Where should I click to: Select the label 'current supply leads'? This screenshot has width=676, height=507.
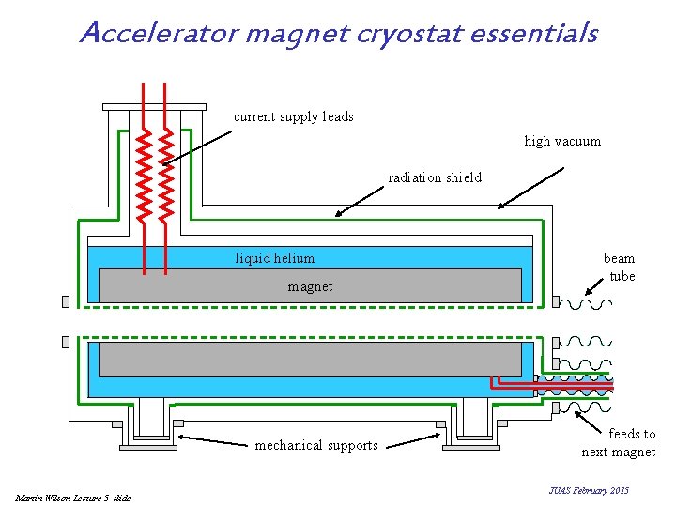[293, 116]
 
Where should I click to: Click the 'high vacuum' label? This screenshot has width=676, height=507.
[562, 141]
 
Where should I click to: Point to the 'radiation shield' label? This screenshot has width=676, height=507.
[435, 177]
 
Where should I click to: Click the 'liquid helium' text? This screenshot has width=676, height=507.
[274, 258]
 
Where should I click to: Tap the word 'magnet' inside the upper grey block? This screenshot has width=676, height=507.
[310, 286]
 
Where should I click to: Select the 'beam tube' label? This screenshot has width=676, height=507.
[620, 267]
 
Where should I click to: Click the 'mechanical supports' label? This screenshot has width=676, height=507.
[316, 445]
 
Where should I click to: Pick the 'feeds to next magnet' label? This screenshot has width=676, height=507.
[620, 442]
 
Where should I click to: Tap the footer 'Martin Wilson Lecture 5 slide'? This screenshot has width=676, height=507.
[73, 497]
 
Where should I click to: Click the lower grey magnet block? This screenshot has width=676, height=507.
[310, 359]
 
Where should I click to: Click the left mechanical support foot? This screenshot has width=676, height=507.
[148, 427]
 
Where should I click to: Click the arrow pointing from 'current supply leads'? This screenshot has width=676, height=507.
[196, 147]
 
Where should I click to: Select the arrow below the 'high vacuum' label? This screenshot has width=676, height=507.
[530, 188]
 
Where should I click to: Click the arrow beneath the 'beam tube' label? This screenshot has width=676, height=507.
[593, 283]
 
